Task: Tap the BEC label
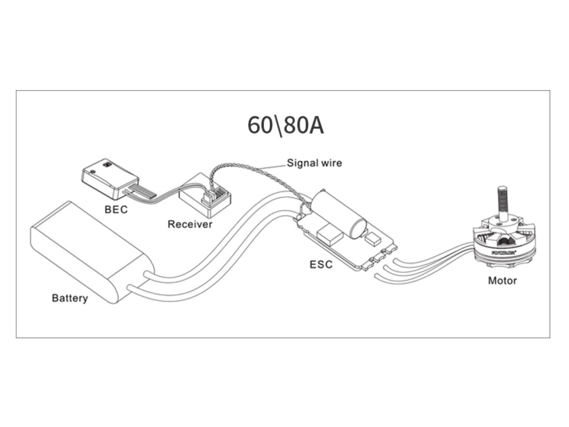pyautogui.click(x=116, y=210)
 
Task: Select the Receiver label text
pyautogui.click(x=190, y=225)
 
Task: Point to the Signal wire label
pyautogui.click(x=314, y=163)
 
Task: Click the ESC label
pyautogui.click(x=321, y=264)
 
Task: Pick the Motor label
pyautogui.click(x=502, y=280)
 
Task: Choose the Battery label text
pyautogui.click(x=69, y=298)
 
